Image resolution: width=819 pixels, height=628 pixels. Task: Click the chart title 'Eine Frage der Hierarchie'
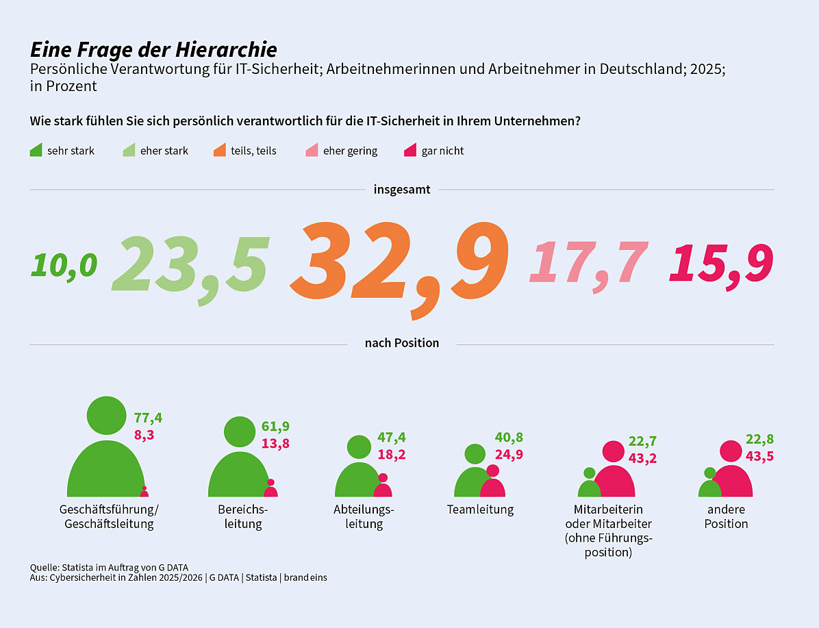[x=153, y=49]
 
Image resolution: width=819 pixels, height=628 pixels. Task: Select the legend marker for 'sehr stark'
[x=36, y=150]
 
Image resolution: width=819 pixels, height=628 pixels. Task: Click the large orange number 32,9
[x=401, y=264]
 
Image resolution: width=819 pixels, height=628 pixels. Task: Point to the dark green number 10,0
[x=64, y=265]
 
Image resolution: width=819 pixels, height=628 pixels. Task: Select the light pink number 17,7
[x=588, y=263]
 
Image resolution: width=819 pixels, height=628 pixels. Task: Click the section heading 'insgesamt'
[x=402, y=190]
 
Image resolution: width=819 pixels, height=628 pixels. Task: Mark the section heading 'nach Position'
[x=402, y=343]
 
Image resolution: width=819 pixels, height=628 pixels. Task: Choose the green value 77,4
[x=148, y=418]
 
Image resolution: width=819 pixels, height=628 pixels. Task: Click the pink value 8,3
[x=144, y=434]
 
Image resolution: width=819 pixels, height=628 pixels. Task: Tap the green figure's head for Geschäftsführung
[x=106, y=416]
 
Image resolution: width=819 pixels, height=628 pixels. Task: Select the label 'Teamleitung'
[x=480, y=510]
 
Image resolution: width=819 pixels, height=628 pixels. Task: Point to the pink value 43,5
[x=759, y=456]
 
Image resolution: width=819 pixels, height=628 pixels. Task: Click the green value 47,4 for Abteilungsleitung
[x=392, y=438]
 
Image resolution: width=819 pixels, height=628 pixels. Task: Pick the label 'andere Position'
[x=726, y=516]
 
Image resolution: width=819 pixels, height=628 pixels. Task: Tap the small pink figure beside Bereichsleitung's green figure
[x=270, y=489]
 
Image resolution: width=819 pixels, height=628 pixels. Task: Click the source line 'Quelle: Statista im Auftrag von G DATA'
[x=109, y=567]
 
